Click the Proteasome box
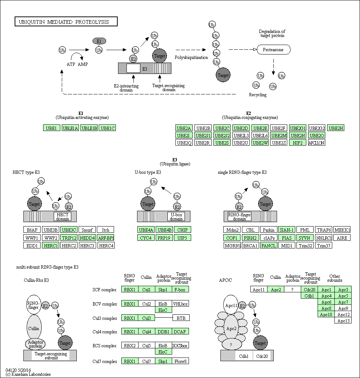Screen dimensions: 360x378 pos(273,50)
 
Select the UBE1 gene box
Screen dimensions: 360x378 pos(52,128)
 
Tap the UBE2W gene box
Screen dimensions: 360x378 pos(260,143)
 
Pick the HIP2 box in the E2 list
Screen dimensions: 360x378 pos(298,143)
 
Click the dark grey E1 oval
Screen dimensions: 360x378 pos(99,41)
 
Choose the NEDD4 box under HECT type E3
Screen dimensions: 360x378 pos(87,238)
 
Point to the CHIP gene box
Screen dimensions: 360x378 pos(182,230)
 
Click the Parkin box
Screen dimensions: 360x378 pos(269,230)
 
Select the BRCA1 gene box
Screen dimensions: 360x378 pos(250,246)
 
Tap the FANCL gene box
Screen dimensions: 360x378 pos(269,246)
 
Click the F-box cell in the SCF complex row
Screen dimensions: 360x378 pos(180,289)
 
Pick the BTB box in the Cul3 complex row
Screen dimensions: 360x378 pos(181,318)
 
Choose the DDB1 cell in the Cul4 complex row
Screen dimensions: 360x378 pos(163,332)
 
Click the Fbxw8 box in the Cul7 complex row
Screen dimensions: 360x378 pos(180,361)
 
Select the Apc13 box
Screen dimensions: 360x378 pos(343,321)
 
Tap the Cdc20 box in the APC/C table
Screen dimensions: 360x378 pos(310,289)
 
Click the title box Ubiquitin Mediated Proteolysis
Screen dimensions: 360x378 pos(66,22)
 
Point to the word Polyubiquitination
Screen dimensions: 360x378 pos(191,57)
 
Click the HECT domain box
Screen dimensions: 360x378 pos(62,217)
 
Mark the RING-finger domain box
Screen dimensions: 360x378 pos(239,217)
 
